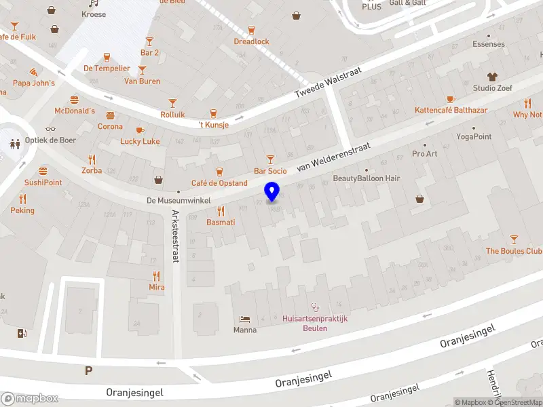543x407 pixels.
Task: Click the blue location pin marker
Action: [272, 191]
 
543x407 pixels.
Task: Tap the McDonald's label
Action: [75, 111]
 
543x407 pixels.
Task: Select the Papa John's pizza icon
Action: [34, 71]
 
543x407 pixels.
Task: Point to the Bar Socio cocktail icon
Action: [270, 159]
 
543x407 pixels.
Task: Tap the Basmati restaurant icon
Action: [221, 210]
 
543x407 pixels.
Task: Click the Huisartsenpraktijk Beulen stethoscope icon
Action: [314, 307]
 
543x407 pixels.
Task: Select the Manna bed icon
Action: [244, 319]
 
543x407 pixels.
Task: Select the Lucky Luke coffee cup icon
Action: [140, 130]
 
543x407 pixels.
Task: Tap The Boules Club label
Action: [514, 251]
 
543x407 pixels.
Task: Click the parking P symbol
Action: [88, 370]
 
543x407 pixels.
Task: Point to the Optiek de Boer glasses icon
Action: [50, 129]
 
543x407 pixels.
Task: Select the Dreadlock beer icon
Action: [251, 30]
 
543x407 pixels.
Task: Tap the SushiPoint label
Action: [43, 182]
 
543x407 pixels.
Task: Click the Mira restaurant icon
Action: [157, 275]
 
